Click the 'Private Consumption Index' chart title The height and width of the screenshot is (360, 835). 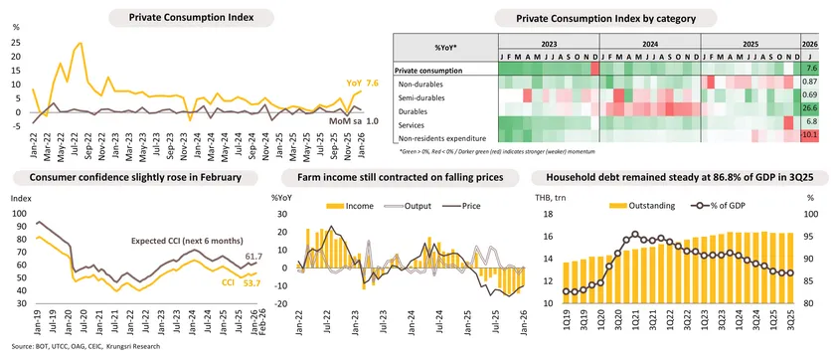coord(190,18)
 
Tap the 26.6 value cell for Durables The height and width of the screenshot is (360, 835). coord(810,107)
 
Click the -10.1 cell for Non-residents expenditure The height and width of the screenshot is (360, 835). coord(810,135)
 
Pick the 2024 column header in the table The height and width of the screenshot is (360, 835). coord(650,44)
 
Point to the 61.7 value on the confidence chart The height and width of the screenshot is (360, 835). coord(253,256)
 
